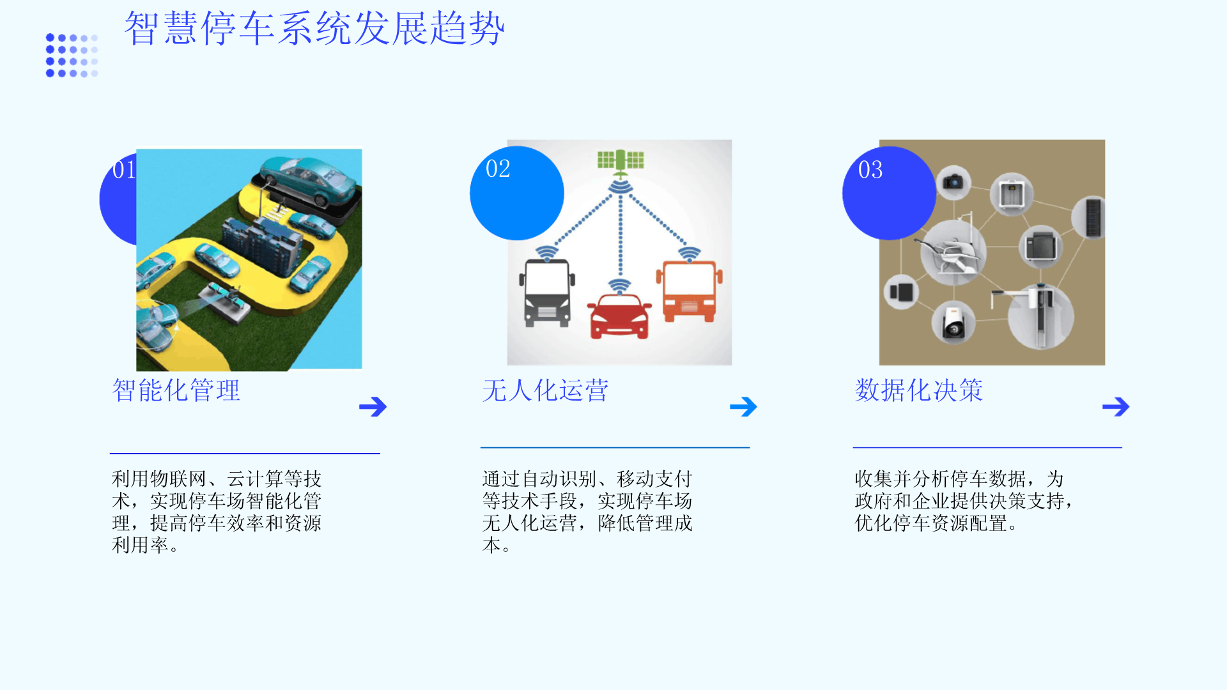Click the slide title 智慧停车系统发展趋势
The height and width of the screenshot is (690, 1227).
click(314, 29)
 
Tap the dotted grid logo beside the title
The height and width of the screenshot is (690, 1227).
click(72, 56)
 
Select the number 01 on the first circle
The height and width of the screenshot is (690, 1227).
click(124, 170)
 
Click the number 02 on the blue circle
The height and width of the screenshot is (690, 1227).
click(498, 169)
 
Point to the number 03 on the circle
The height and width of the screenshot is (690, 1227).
click(870, 170)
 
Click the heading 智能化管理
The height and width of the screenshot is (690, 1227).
click(176, 390)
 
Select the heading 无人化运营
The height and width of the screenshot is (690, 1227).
click(546, 390)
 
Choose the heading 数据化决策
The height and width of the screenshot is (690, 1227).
click(919, 390)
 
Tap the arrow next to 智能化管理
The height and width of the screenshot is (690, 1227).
click(373, 406)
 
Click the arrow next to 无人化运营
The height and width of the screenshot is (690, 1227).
click(743, 406)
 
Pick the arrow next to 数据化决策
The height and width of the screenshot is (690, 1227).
click(1116, 406)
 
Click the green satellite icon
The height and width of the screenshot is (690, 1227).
click(620, 162)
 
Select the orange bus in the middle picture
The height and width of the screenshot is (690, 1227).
click(689, 291)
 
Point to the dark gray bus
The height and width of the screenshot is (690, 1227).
click(547, 293)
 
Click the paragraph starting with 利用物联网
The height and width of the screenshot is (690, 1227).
click(217, 512)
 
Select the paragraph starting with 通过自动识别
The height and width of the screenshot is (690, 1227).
click(587, 512)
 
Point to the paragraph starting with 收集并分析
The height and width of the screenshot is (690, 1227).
click(964, 501)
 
